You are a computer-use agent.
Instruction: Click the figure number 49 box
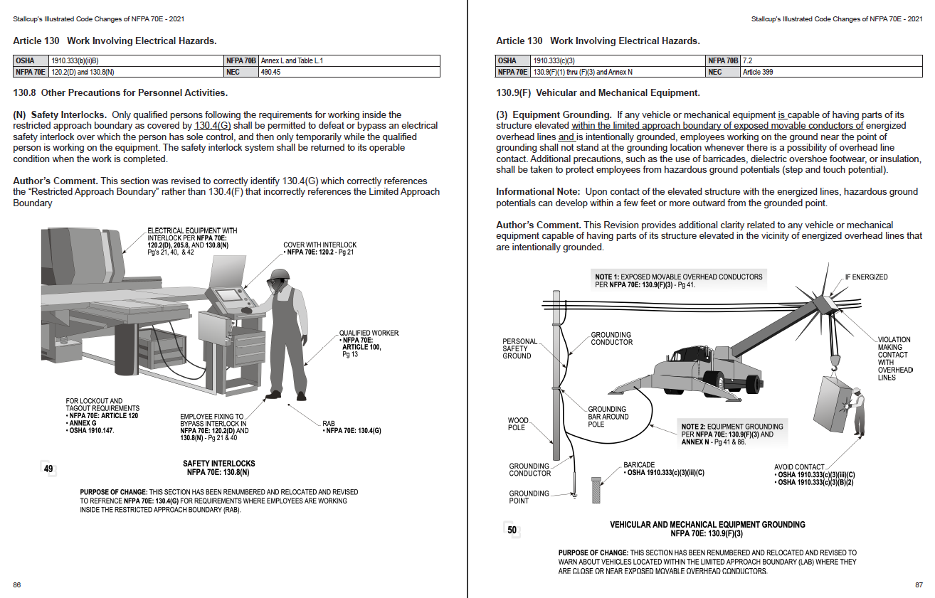48,469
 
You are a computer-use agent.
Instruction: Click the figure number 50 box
512,529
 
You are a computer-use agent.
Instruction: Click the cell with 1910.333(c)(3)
612,61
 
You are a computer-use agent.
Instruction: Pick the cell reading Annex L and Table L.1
349,61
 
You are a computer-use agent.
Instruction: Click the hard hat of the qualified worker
281,274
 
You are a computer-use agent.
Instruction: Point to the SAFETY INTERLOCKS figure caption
218,467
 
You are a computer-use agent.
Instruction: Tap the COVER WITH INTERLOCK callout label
319,249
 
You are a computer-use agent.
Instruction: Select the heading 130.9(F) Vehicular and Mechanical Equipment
598,93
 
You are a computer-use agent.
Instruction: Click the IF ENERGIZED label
866,277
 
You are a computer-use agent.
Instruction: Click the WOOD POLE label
517,424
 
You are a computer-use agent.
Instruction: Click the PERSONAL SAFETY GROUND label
520,348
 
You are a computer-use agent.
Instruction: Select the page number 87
919,585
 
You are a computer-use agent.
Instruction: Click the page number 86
16,585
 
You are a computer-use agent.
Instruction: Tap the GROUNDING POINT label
529,497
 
